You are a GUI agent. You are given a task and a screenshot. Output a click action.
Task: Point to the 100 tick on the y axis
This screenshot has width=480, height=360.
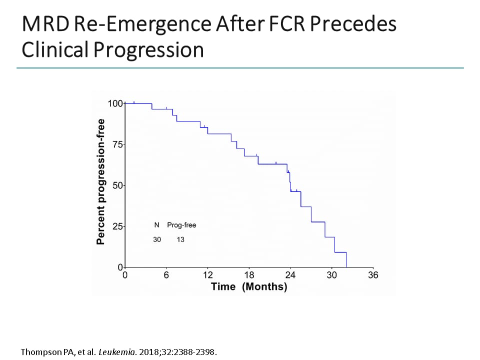point(115,103)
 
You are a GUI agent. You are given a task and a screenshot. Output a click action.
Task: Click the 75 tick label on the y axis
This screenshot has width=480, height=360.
point(117,144)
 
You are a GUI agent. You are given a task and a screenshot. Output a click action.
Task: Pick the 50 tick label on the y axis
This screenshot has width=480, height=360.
point(117,185)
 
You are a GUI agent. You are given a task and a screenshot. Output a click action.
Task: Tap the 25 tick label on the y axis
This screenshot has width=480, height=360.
point(117,226)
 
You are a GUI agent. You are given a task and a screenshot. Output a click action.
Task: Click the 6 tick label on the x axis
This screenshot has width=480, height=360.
point(166,275)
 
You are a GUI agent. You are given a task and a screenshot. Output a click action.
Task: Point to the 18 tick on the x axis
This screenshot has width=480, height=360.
point(249,275)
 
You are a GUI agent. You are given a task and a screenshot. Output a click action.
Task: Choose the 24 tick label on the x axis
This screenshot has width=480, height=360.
point(290,275)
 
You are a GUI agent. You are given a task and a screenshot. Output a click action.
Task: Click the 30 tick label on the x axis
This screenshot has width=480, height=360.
point(332,275)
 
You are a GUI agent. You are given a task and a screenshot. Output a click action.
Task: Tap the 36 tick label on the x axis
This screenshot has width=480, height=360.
point(373,275)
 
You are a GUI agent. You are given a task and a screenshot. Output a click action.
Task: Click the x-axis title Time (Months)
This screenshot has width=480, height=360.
point(249,287)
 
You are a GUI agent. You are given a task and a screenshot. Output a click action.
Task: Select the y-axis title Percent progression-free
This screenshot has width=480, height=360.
point(101,181)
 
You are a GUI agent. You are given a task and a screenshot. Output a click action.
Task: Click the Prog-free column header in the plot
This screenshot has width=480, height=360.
point(181,225)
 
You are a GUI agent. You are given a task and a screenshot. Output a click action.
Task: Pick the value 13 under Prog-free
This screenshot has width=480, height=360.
point(180,239)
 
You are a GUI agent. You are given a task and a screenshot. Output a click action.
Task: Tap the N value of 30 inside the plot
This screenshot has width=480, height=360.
point(157,239)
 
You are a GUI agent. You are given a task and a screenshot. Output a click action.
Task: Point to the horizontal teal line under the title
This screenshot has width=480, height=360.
point(240,68)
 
